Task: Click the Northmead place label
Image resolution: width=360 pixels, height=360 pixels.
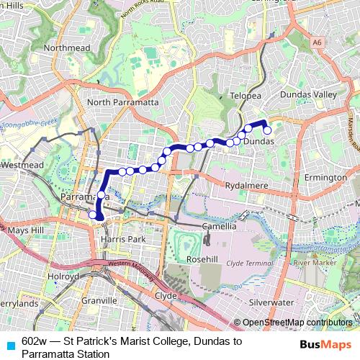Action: point(66,48)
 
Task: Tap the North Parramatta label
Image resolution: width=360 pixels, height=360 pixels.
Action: point(122,102)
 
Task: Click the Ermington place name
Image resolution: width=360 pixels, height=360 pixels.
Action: point(325,177)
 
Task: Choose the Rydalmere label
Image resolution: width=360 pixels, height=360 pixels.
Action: point(246,186)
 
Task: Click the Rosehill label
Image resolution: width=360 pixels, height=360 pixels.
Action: point(202,258)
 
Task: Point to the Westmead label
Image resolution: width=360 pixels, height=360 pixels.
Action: point(22,165)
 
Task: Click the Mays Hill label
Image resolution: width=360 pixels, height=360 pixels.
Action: point(26,230)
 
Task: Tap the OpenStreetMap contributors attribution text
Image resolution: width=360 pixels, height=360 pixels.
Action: point(297,323)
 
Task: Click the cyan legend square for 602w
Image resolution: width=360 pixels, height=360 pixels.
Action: point(10,343)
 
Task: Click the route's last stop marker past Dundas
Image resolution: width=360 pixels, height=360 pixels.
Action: point(267,130)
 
